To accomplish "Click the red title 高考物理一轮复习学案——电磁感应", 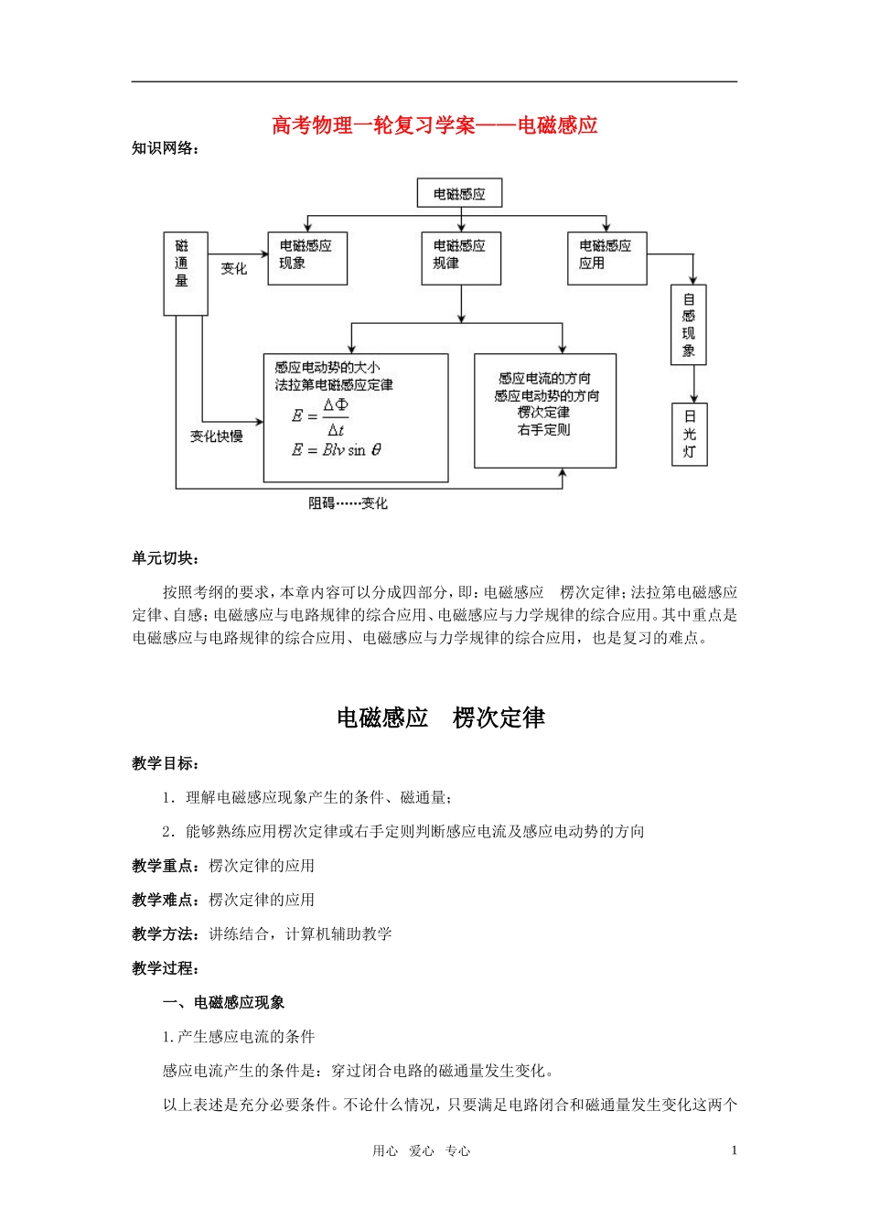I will [x=434, y=125].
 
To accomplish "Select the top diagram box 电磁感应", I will [x=459, y=194].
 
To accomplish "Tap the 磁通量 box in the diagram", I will [x=185, y=274].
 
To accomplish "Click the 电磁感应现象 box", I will [x=307, y=257].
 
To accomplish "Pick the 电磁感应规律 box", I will [x=460, y=257].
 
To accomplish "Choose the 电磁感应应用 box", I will [x=606, y=257].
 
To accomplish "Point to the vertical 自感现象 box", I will [x=689, y=324].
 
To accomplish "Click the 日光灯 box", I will [x=689, y=434].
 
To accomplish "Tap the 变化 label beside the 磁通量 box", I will [x=234, y=268].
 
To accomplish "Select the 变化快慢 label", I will [x=217, y=437].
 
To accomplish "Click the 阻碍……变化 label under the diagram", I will [x=348, y=503].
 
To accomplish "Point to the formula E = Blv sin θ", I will [x=337, y=450].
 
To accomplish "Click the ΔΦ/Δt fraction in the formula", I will [x=336, y=416].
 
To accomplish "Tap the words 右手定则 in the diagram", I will [x=544, y=429].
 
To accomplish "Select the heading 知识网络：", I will [x=166, y=148].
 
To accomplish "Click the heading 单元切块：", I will [x=166, y=558].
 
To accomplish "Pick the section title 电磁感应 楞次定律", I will [x=440, y=718].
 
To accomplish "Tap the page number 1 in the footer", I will [x=734, y=1151].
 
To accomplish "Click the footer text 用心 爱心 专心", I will [x=422, y=1151].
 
